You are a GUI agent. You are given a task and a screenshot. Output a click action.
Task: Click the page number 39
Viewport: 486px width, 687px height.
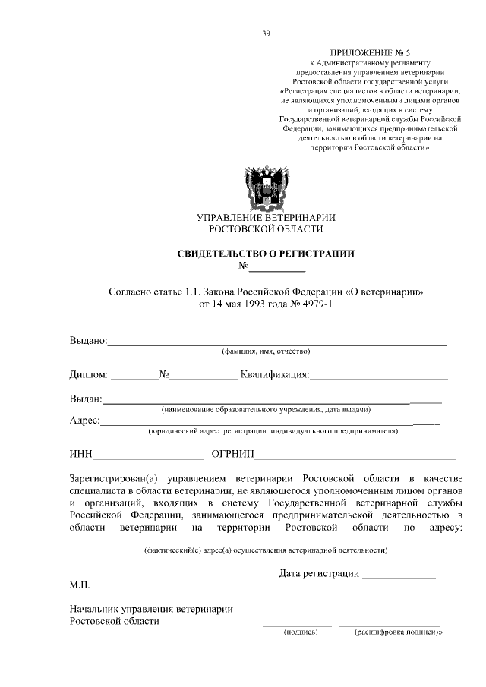click(x=265, y=33)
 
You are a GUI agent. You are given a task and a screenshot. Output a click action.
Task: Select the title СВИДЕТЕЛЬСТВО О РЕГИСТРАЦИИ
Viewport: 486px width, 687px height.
click(x=266, y=254)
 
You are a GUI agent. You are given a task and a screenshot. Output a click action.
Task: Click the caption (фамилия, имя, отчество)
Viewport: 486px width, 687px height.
click(x=266, y=351)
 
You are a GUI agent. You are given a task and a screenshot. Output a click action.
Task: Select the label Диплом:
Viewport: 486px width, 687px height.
click(x=89, y=374)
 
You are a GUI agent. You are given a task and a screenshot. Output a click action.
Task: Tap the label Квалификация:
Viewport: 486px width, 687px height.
click(x=274, y=374)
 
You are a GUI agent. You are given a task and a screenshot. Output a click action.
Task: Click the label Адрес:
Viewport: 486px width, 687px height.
click(x=84, y=421)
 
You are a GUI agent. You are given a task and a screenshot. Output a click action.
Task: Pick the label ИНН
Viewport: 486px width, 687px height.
click(x=80, y=455)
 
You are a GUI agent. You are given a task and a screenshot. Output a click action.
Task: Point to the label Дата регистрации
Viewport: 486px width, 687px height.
click(x=319, y=573)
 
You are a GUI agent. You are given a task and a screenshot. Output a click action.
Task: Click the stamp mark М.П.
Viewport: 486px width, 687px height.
click(x=79, y=586)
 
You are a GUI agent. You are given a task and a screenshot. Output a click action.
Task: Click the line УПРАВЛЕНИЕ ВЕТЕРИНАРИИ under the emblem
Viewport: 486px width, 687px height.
click(x=266, y=218)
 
